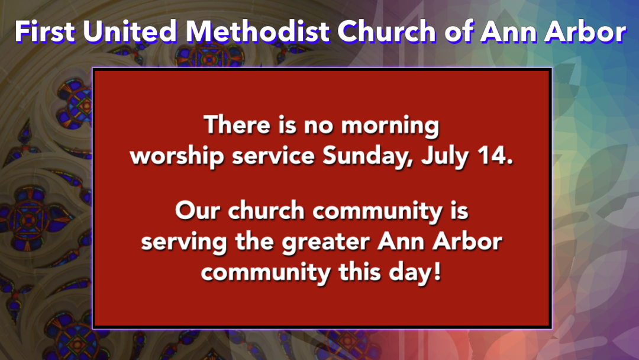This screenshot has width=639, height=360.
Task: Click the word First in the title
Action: click(x=45, y=31)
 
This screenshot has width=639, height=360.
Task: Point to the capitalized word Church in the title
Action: click(x=386, y=31)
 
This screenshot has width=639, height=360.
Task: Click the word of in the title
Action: click(x=458, y=31)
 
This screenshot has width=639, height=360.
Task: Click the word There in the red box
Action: click(x=237, y=124)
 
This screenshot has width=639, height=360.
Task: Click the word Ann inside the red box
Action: click(x=401, y=242)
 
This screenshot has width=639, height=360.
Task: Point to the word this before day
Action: click(x=360, y=272)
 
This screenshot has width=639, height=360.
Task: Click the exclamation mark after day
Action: click(x=437, y=272)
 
